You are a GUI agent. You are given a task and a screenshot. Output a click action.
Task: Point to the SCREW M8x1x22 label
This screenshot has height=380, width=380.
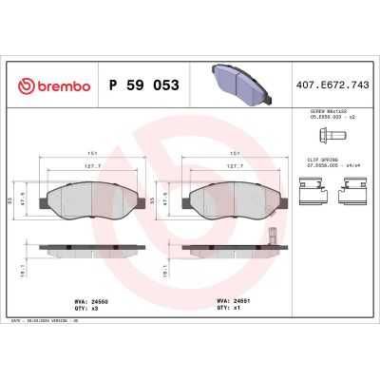click(x=325, y=112)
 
